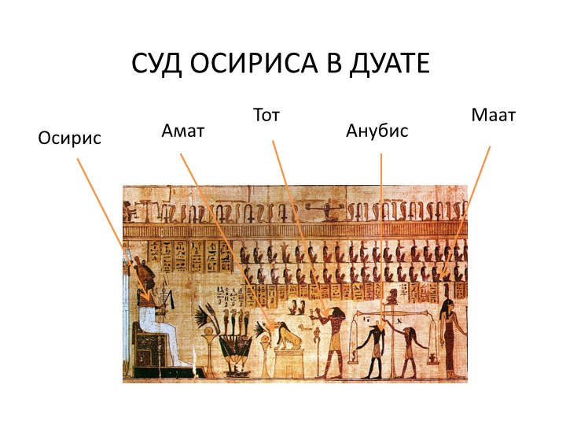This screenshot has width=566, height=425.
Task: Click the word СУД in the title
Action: tap(156, 63)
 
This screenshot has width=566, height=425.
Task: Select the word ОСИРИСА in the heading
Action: tap(254, 63)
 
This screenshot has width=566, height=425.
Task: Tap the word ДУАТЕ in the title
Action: tap(390, 64)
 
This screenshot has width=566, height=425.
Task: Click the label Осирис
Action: tap(70, 139)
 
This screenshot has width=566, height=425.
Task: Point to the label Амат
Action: tap(183, 131)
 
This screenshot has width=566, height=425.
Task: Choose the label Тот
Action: tap(266, 115)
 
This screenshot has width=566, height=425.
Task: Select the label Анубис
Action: tap(377, 131)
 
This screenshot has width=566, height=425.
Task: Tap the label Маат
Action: tap(494, 115)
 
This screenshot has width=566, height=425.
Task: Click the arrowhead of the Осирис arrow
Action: tap(146, 297)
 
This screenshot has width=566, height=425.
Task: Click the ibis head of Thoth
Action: tap(336, 312)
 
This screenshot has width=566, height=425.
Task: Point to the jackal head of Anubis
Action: tap(377, 328)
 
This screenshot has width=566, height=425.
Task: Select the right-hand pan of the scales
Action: tap(432, 359)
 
